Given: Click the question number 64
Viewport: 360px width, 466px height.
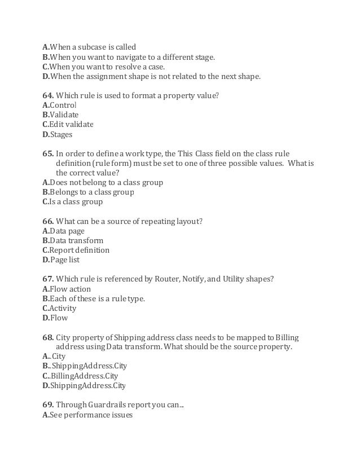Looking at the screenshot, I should (48, 95).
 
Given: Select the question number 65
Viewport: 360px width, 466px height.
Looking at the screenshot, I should (48, 153).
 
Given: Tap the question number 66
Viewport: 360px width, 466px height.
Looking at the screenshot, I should (48, 221).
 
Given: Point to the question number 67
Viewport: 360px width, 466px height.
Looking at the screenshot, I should (48, 279).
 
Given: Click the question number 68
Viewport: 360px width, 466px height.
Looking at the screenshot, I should (48, 337).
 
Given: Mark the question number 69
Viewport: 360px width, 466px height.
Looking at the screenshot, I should (48, 405).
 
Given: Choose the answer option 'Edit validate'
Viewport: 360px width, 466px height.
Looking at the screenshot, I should (71, 124).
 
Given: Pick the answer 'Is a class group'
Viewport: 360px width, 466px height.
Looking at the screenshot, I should (76, 201).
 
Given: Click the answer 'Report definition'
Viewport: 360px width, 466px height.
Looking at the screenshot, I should (79, 250).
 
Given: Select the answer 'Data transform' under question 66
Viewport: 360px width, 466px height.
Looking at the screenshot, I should (76, 240).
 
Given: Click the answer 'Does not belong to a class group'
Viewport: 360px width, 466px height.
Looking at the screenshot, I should (106, 182).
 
